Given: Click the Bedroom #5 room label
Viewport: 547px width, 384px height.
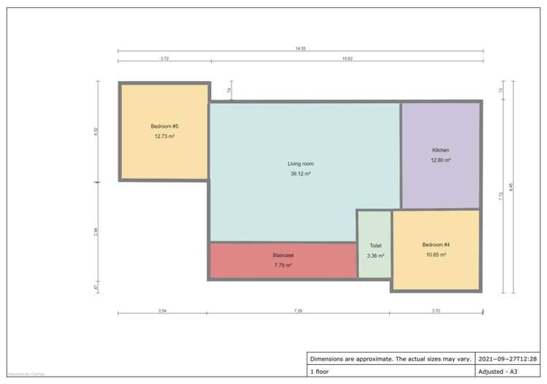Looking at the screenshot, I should click(x=164, y=126).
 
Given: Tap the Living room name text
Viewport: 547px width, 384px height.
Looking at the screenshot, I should click(x=300, y=164).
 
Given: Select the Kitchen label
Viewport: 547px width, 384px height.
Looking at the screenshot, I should click(x=440, y=150).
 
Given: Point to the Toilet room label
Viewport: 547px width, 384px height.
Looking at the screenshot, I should click(x=375, y=246).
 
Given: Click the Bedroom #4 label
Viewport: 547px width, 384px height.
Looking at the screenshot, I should click(x=436, y=244).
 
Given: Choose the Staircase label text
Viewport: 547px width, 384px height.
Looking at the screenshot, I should click(x=283, y=255).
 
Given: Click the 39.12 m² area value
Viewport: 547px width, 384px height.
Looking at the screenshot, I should click(x=300, y=174).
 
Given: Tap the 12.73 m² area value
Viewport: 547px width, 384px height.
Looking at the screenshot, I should click(x=164, y=136).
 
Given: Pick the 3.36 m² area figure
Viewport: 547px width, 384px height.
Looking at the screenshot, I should click(x=375, y=256).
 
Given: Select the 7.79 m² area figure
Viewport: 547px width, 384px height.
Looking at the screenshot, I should click(x=283, y=265).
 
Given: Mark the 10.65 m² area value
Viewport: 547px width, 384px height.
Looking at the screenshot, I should click(x=436, y=254).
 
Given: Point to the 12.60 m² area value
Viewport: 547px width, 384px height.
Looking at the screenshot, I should click(x=440, y=160).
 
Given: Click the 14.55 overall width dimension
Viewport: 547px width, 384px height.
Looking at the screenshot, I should click(x=300, y=48).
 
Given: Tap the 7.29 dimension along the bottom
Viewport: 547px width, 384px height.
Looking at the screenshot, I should click(x=298, y=311).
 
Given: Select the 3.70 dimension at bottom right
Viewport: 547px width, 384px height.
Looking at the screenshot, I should click(x=436, y=311).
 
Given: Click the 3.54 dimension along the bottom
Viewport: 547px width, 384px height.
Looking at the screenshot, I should click(x=161, y=311).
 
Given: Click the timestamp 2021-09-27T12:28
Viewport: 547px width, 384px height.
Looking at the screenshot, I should click(x=508, y=359).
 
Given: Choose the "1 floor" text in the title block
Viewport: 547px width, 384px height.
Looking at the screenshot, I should click(x=321, y=371).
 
